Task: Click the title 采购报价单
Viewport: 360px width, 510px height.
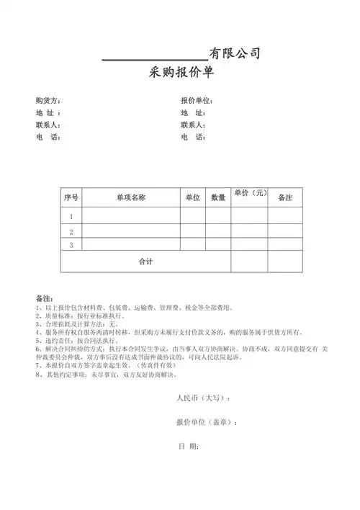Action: [180, 73]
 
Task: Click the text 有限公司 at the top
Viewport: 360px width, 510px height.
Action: [234, 53]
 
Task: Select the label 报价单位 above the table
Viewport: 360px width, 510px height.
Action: [197, 100]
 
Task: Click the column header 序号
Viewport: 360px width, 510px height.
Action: [71, 197]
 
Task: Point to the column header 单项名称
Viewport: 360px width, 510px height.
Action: [131, 197]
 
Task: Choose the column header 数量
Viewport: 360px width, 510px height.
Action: [218, 197]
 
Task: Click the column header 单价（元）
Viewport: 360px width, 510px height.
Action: [250, 193]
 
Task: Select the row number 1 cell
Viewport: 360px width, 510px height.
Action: [71, 216]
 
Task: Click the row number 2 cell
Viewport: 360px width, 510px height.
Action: [71, 232]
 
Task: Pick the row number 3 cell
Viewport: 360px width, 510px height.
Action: [71, 245]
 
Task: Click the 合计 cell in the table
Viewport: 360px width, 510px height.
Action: [145, 261]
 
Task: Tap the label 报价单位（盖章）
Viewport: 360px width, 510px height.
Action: [207, 422]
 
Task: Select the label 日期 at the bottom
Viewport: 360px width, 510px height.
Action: [189, 447]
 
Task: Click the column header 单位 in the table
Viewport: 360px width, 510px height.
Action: [192, 197]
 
